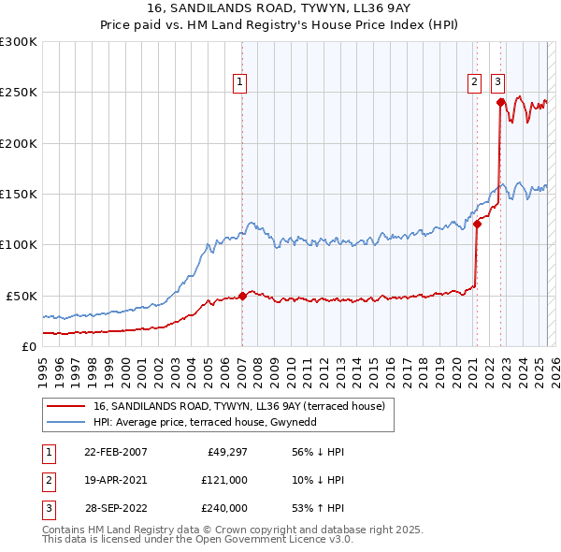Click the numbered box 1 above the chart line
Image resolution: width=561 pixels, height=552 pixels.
[x=240, y=82]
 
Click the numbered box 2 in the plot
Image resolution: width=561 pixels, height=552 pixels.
[x=475, y=82]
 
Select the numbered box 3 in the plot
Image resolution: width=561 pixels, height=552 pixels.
[x=496, y=82]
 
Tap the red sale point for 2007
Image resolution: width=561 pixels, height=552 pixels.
[x=242, y=296]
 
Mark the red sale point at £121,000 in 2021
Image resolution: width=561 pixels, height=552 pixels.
[x=477, y=224]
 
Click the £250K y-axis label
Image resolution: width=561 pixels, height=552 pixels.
[x=19, y=93]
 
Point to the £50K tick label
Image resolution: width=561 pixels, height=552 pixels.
[x=22, y=296]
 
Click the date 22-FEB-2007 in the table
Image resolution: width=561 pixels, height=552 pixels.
[x=116, y=452]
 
